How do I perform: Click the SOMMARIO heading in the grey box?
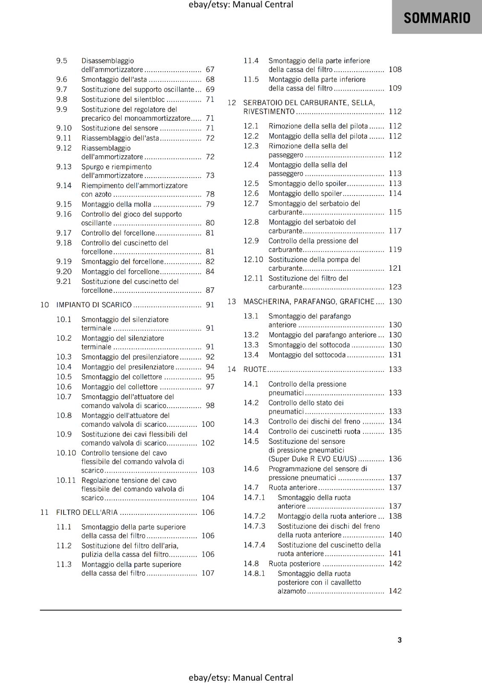[x=437, y=18]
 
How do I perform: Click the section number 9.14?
[x=64, y=186]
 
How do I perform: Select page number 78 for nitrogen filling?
[x=210, y=194]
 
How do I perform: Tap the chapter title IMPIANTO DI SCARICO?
[x=94, y=305]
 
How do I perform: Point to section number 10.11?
[x=66, y=480]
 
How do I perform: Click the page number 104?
[x=208, y=498]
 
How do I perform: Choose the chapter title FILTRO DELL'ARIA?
[x=87, y=512]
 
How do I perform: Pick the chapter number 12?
[x=232, y=103]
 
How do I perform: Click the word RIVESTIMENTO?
[x=269, y=111]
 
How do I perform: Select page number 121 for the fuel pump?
[x=395, y=268]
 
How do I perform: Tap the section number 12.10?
[x=253, y=260]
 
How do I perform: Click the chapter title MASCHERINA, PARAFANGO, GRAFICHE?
[x=309, y=301]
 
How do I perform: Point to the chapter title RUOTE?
[x=255, y=369]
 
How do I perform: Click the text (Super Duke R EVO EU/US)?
[x=312, y=459]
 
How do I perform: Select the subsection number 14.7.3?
[x=254, y=526]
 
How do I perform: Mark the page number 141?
[x=395, y=554]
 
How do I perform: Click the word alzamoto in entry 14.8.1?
[x=292, y=591]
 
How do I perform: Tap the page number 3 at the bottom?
[x=400, y=640]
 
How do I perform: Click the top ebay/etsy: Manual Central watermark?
[x=241, y=5]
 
